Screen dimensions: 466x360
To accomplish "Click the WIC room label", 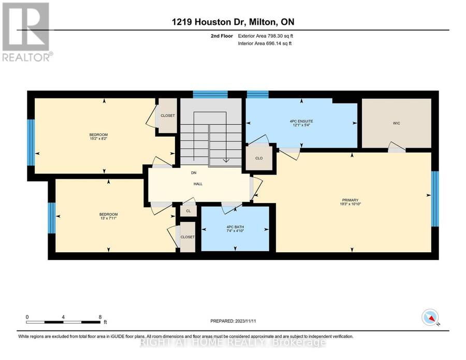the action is (397, 123).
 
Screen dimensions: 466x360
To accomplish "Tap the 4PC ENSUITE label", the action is (301, 121).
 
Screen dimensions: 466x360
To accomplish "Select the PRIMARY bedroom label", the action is (350, 200).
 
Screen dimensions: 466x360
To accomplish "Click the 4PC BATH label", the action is (235, 227).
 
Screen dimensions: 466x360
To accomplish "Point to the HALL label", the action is (198, 184).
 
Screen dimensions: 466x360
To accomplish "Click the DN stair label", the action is (194, 172).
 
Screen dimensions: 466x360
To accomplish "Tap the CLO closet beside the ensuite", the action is (259, 158).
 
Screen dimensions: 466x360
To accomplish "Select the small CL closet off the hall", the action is (188, 211).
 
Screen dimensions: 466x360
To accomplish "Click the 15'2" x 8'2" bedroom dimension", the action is (98, 138).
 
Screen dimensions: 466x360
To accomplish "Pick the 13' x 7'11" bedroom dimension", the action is (109, 218).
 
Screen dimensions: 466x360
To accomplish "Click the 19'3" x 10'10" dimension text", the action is (350, 204).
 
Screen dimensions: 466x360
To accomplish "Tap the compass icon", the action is (430, 317).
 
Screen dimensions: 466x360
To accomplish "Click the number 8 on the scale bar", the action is (100, 317).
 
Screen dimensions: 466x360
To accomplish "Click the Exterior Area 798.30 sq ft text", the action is (266, 36).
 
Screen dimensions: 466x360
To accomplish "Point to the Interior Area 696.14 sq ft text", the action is (265, 44).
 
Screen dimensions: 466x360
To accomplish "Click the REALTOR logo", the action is (27, 32).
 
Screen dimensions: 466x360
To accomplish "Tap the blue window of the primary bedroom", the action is (435, 198).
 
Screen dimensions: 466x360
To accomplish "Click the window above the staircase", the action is (210, 94).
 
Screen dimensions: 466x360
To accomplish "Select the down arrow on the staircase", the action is (226, 160).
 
